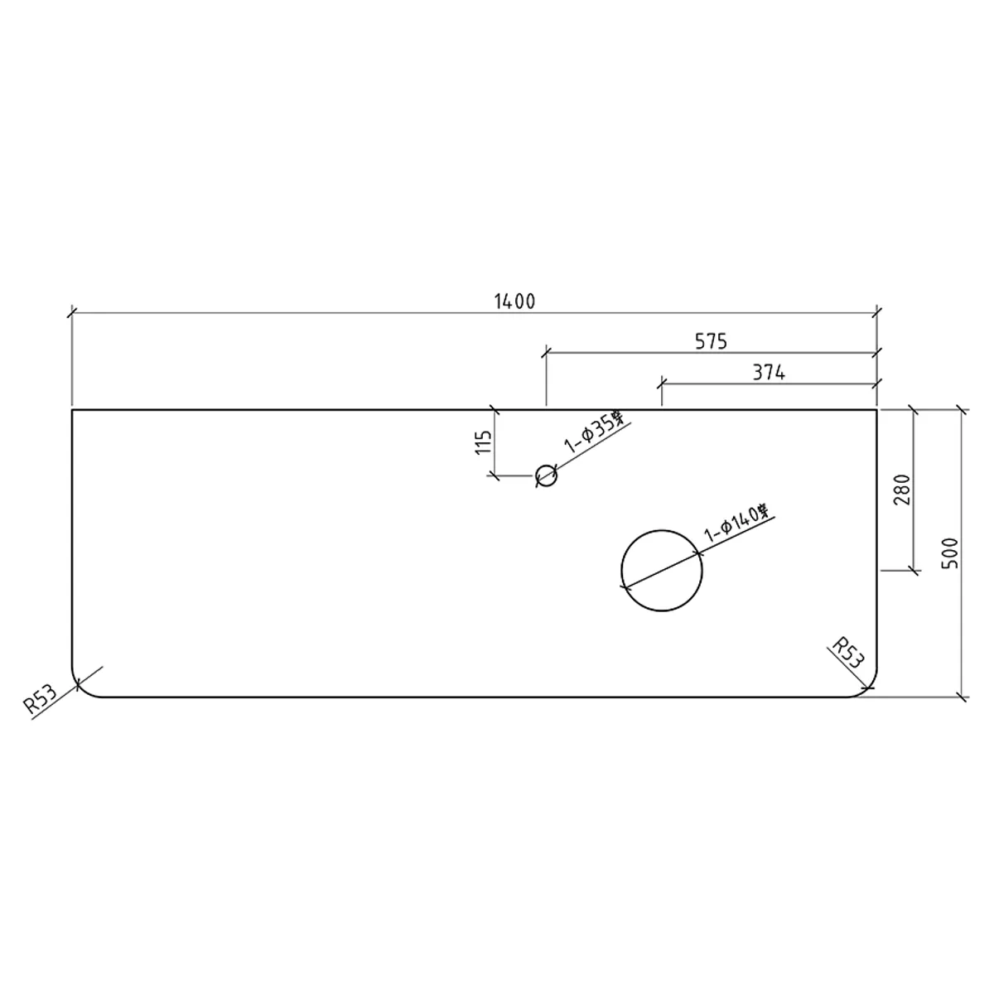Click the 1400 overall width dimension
click(x=514, y=302)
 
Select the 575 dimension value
click(x=710, y=340)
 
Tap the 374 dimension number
click(x=769, y=373)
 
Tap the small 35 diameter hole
click(x=546, y=475)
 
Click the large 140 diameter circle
click(x=662, y=571)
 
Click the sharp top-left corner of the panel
click(x=73, y=409)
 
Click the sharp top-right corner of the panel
click(x=877, y=409)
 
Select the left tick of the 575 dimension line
click(x=546, y=352)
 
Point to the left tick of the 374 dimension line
click(x=661, y=384)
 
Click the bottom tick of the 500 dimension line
click(x=962, y=697)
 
